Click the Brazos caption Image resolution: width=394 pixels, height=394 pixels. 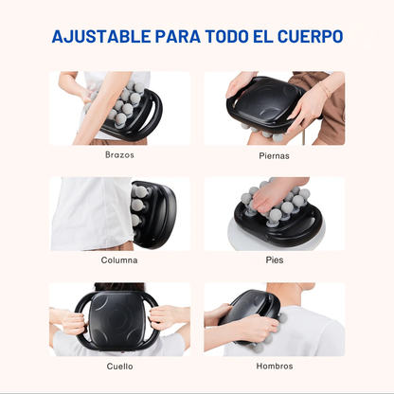[119, 153]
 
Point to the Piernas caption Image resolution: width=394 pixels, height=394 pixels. [274, 153]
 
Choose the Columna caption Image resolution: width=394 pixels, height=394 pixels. [119, 260]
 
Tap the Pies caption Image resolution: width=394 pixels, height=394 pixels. [274, 260]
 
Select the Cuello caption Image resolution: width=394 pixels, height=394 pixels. [119, 366]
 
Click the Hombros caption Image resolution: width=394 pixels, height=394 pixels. [274, 366]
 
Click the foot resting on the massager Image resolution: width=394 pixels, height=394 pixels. [275, 194]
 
